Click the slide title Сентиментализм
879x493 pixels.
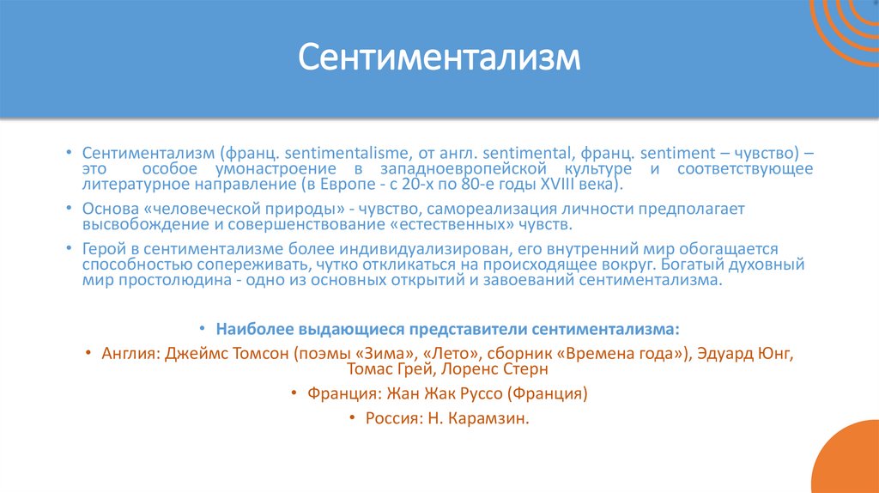[x=439, y=58]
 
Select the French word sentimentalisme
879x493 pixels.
[x=345, y=152]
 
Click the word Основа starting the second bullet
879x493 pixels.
[x=108, y=209]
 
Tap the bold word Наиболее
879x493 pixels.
[x=255, y=329]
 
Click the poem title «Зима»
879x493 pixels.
[x=359, y=353]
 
